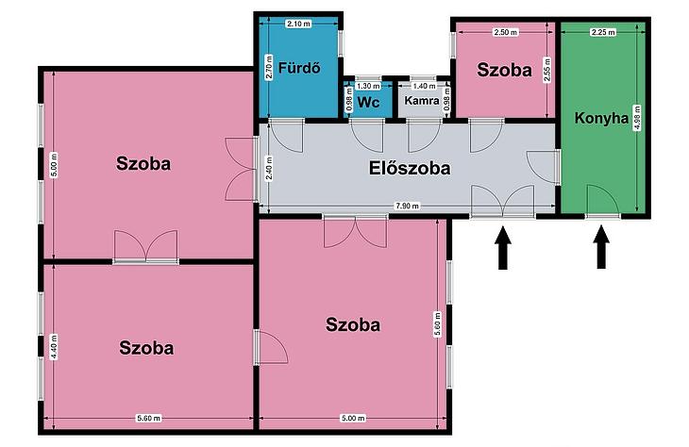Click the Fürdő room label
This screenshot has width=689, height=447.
(x=299, y=68)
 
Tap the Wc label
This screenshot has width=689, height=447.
(x=368, y=102)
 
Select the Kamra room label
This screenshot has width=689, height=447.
(x=422, y=101)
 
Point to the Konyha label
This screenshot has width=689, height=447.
(x=601, y=118)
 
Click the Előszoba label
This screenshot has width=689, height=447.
(x=410, y=168)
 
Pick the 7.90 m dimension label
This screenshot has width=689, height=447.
(x=408, y=206)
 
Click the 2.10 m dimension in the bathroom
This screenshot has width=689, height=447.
(x=298, y=24)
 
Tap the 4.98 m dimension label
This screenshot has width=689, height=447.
(x=638, y=117)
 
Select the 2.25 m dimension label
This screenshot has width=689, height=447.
(x=603, y=32)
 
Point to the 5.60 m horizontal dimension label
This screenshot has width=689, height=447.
(x=148, y=418)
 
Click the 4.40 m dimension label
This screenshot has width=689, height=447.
(x=54, y=347)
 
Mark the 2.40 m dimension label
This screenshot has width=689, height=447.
(x=269, y=168)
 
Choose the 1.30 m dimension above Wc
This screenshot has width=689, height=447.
(x=368, y=86)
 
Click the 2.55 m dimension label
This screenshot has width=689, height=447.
(x=547, y=70)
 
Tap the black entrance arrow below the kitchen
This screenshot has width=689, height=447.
(x=601, y=247)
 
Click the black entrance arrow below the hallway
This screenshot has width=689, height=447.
(x=503, y=247)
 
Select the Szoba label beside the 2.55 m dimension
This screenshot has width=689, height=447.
(x=504, y=70)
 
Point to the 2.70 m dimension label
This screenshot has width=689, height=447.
(x=269, y=67)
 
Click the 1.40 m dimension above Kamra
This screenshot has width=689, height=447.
(x=425, y=86)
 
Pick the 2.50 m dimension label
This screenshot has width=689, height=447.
(x=506, y=32)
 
